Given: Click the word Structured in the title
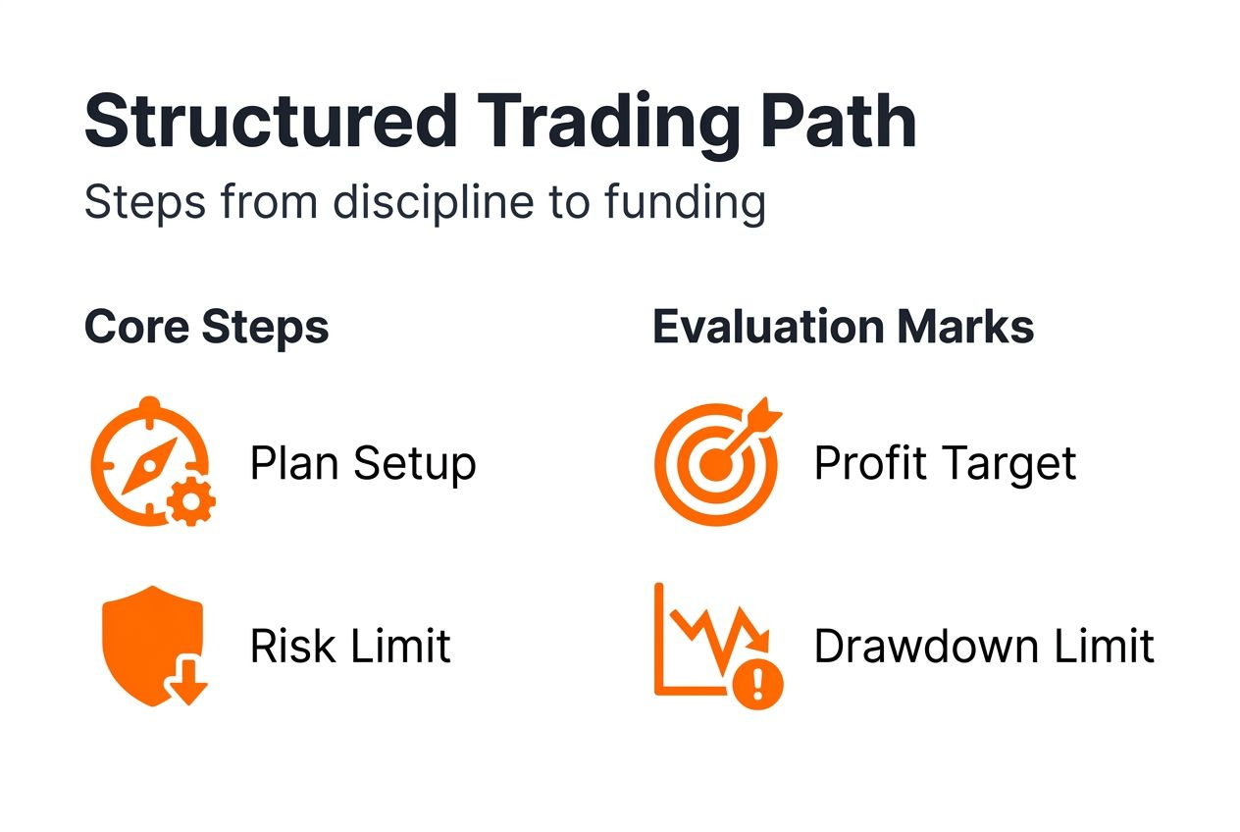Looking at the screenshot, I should tap(271, 122).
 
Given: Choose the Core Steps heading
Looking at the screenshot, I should tap(206, 327).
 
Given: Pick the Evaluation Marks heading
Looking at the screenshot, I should tap(843, 327).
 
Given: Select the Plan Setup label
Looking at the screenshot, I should tap(362, 463).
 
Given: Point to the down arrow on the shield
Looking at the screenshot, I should tap(186, 686).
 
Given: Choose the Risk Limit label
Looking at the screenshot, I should tap(350, 647).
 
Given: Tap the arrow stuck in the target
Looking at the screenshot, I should tap(755, 427).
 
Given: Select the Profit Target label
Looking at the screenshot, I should tap(945, 463).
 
